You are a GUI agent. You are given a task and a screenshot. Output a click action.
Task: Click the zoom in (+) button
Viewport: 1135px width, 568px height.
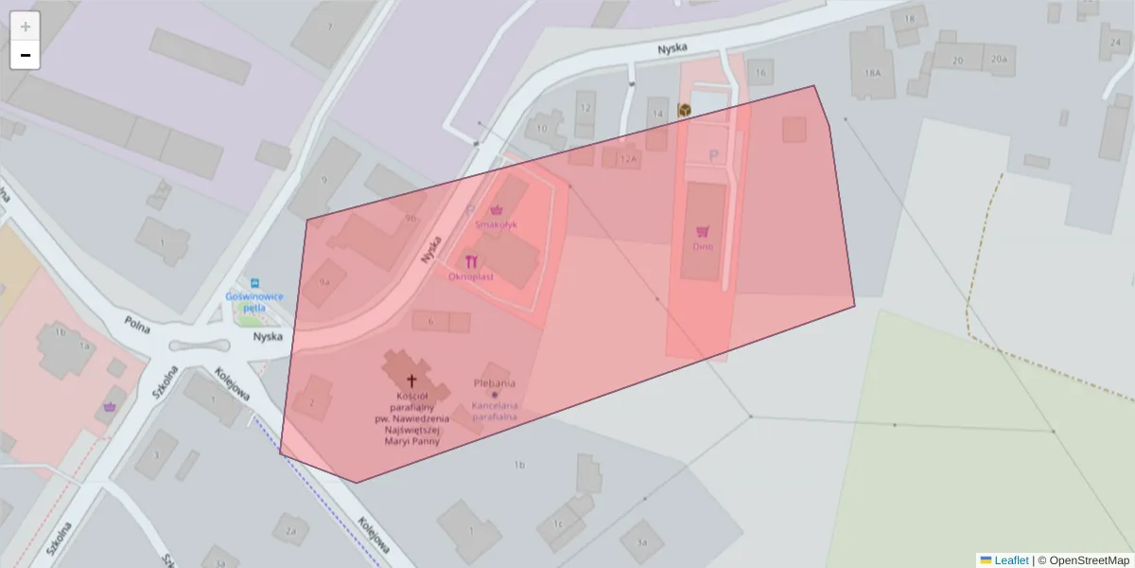click(26, 26)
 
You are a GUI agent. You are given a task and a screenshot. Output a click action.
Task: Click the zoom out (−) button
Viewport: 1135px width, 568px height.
click(26, 55)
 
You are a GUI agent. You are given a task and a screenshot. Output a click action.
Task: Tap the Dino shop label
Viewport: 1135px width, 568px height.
click(703, 247)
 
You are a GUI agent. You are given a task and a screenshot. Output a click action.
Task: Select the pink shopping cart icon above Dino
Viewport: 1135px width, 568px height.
click(703, 231)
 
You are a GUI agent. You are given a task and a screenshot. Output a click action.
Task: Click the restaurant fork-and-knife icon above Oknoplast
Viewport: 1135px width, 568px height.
click(471, 262)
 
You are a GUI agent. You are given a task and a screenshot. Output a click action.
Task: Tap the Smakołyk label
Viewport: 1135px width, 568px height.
click(496, 225)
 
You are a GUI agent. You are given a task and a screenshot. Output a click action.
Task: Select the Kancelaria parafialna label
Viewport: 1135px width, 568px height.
click(494, 411)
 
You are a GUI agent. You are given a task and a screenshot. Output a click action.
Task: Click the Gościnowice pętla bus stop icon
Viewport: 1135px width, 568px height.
click(253, 282)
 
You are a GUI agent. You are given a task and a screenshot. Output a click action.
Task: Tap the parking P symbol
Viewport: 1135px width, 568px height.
click(714, 156)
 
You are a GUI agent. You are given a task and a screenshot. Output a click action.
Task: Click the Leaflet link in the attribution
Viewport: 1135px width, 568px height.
click(1011, 560)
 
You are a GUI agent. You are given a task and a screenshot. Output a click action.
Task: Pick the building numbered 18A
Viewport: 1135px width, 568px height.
click(872, 72)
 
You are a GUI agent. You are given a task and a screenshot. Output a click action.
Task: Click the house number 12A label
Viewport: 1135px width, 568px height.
click(628, 160)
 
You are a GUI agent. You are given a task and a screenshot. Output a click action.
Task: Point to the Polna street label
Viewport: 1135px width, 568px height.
click(138, 325)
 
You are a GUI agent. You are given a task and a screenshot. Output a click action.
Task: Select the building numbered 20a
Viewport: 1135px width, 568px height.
click(998, 59)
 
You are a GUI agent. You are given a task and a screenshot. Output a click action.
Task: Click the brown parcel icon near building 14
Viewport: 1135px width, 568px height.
click(684, 110)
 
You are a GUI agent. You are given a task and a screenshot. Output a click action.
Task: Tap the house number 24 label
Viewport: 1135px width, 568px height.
click(1115, 43)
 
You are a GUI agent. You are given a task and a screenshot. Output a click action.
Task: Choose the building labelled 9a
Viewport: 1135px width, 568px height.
click(324, 282)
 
